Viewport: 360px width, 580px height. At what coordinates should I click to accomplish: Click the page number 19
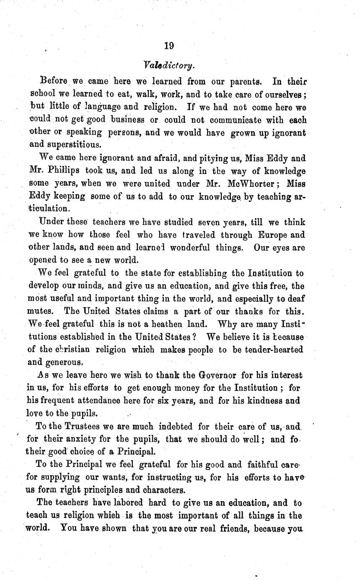point(169,46)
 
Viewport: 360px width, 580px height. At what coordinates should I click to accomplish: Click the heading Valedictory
point(169,65)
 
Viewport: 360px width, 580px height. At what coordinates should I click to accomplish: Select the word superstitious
point(65,145)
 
